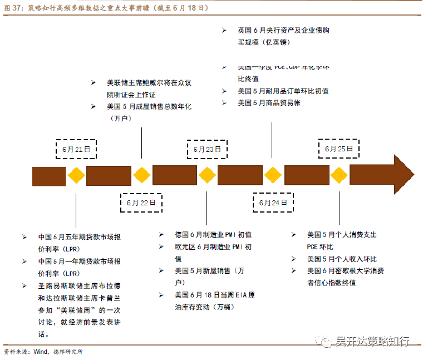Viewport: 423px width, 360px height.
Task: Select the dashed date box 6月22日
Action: pos(141,203)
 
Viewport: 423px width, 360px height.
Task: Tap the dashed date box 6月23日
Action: pos(207,149)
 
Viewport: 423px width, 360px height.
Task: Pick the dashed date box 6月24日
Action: pos(273,203)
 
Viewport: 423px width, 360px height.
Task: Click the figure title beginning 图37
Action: pos(106,8)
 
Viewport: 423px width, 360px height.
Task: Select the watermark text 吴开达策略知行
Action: pos(372,341)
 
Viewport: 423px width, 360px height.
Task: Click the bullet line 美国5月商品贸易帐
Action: pos(269,103)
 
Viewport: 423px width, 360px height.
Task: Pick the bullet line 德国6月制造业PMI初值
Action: pos(213,235)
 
